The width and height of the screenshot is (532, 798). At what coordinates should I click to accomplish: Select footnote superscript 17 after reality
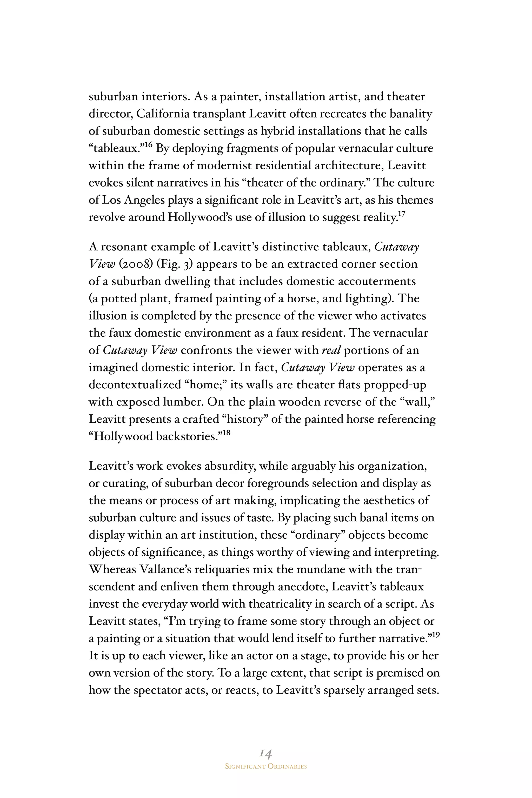coord(401,214)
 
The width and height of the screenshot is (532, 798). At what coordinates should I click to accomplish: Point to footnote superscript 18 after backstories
coord(226,433)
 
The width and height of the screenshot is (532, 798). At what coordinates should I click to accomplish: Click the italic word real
coord(331,350)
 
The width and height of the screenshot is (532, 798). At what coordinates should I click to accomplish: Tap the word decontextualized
coord(135,385)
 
